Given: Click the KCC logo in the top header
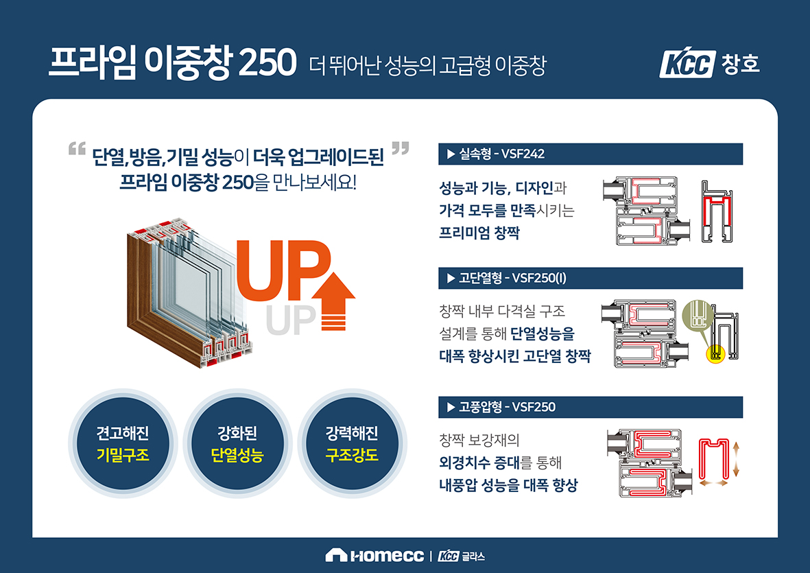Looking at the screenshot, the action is [687, 64].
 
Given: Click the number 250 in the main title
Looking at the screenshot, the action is [267, 62].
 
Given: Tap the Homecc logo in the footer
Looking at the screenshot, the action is [374, 555].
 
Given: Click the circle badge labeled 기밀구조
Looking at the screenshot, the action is [123, 443].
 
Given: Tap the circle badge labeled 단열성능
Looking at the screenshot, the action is [237, 443].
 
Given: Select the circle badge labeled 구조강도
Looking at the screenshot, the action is [353, 443].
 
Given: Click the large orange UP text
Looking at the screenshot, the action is [283, 270].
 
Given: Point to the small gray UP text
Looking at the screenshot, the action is [291, 320].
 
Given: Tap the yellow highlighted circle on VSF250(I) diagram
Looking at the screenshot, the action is [715, 354].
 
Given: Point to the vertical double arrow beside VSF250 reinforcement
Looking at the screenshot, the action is [736, 459].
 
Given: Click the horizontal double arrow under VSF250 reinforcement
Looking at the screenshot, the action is [713, 483].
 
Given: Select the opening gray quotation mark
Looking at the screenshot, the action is [77, 149].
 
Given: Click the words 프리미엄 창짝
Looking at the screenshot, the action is [479, 233].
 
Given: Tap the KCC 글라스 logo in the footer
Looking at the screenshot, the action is [462, 556].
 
